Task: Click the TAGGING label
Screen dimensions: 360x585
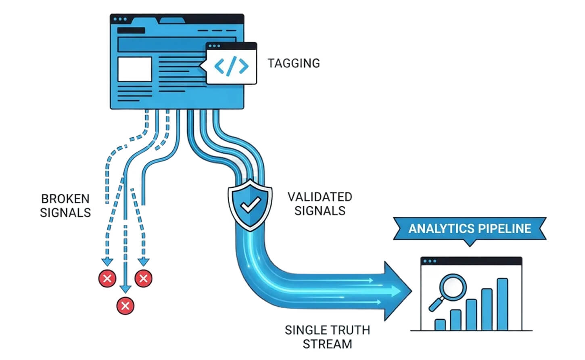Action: pyautogui.click(x=293, y=63)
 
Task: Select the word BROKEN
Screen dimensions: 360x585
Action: pyautogui.click(x=65, y=199)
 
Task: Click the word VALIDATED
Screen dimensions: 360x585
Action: pyautogui.click(x=320, y=197)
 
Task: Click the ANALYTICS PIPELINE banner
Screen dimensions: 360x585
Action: pyautogui.click(x=470, y=229)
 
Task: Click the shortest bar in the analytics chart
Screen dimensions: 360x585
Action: pyautogui.click(x=440, y=324)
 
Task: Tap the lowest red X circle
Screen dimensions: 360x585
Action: pyautogui.click(x=125, y=306)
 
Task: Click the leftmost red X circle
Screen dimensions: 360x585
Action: pyautogui.click(x=107, y=278)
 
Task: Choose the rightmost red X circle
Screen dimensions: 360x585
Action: pyautogui.click(x=144, y=278)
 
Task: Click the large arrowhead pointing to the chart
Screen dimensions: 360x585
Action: pyautogui.click(x=398, y=291)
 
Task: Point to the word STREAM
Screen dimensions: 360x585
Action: pyautogui.click(x=327, y=344)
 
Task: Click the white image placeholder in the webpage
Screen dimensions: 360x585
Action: pyautogui.click(x=135, y=69)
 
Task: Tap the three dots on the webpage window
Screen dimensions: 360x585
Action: pyautogui.click(x=120, y=19)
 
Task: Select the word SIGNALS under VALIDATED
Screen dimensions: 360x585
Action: pyautogui.click(x=320, y=211)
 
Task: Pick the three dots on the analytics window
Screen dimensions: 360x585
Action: pyautogui.click(x=430, y=261)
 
